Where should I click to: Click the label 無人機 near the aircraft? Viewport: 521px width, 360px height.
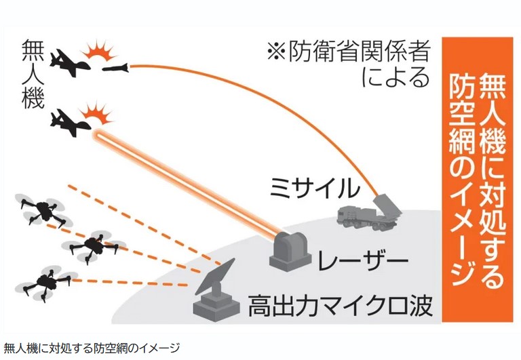click(x=33, y=75)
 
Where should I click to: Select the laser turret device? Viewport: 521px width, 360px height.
click(x=289, y=249)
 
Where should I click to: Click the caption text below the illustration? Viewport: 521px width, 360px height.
click(x=92, y=348)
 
